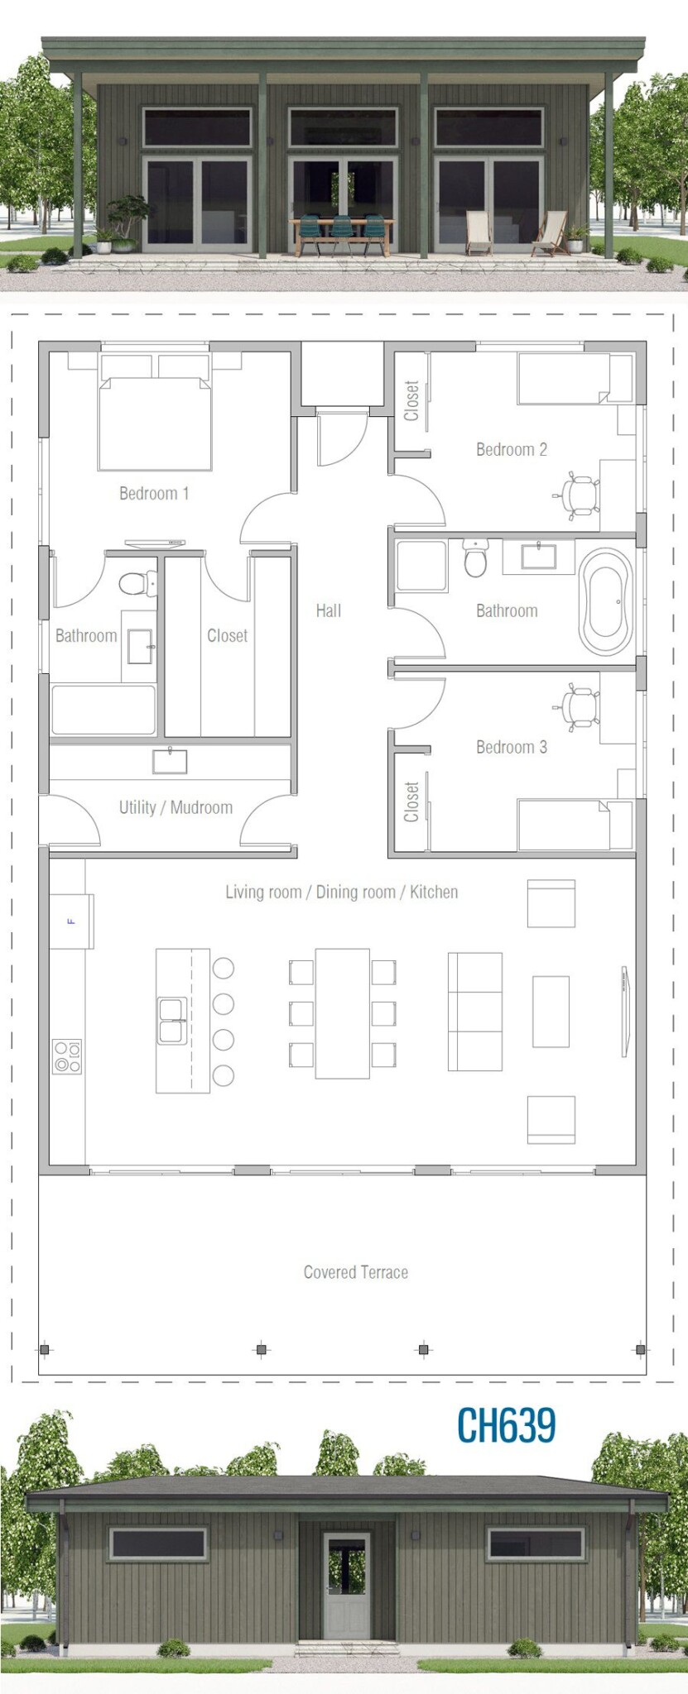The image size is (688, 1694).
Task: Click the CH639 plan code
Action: [x=506, y=1424]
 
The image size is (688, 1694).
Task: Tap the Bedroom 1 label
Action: [x=154, y=494]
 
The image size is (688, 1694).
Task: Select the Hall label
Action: [x=328, y=610]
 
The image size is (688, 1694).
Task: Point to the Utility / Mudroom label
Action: [x=176, y=807]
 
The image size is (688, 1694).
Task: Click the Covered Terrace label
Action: [x=356, y=1272]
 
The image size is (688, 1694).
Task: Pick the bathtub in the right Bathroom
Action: [x=605, y=602]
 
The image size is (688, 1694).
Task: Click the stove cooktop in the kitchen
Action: [x=67, y=1056]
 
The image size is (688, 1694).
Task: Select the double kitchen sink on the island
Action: [x=171, y=1021]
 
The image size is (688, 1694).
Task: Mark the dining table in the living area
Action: [x=342, y=1013]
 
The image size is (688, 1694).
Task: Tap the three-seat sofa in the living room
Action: [x=475, y=1012]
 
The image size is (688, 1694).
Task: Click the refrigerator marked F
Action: [x=71, y=921]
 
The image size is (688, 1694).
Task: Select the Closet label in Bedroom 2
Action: [x=411, y=400]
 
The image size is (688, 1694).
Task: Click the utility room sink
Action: [x=170, y=761]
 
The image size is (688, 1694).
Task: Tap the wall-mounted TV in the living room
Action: [x=625, y=1011]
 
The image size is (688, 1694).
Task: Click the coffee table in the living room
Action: [x=551, y=1012]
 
